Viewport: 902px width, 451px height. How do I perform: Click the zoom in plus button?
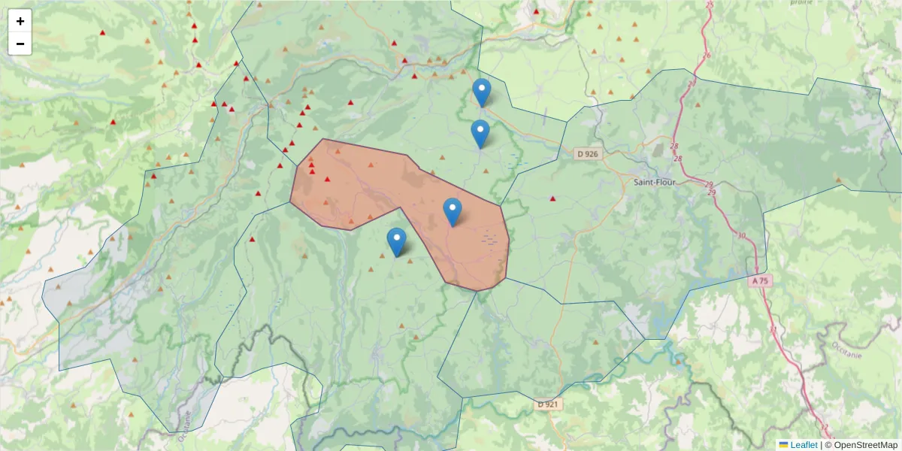point(20,21)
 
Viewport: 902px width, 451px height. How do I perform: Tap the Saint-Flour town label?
point(654,182)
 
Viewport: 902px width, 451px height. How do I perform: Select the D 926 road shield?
point(587,154)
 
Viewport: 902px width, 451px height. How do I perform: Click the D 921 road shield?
point(549,404)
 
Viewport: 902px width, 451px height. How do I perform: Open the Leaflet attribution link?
point(804,445)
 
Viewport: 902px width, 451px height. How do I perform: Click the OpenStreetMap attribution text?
point(861,445)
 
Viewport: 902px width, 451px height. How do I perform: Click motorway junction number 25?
point(710,5)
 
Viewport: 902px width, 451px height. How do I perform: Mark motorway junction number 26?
point(706,56)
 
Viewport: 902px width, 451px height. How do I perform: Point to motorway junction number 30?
point(742,236)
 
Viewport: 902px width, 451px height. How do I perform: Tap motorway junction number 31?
point(773,329)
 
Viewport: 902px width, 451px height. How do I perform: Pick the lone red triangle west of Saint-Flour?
point(553,198)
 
